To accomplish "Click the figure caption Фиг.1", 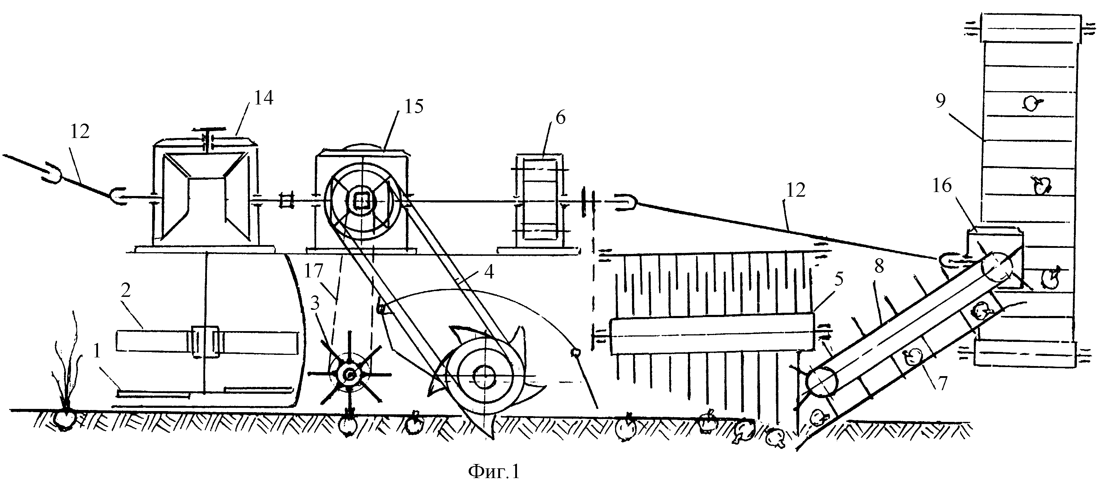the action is [494, 472].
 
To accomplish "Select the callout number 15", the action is [414, 106].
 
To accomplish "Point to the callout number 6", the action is [561, 117].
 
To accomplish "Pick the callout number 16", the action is [942, 186].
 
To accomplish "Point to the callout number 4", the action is [489, 272].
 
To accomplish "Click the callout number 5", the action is [839, 279].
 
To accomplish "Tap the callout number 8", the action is [879, 266].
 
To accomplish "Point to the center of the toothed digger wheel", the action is [484, 376].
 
